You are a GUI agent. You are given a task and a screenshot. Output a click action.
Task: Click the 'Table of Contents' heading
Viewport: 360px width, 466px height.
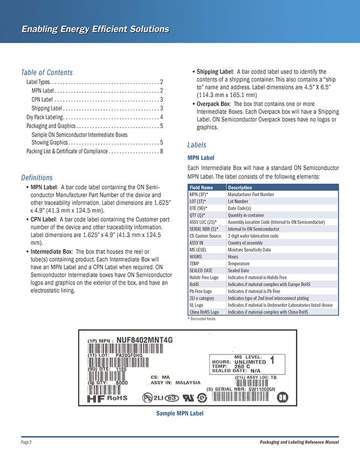[47, 72]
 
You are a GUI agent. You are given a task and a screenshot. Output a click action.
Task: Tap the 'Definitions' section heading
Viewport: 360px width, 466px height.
[37, 178]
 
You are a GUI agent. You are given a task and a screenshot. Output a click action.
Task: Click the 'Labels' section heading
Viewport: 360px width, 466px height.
[197, 145]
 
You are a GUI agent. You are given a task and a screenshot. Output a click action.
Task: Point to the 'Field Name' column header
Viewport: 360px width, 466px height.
[201, 188]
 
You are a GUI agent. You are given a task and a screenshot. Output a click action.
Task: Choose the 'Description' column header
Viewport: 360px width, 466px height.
[240, 188]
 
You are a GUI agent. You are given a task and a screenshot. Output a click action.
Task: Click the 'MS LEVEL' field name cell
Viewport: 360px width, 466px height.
[201, 250]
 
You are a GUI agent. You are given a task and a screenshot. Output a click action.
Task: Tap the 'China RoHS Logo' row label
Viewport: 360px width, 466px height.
[204, 312]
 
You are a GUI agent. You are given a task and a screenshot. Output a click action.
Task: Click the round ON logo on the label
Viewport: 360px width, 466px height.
[282, 397]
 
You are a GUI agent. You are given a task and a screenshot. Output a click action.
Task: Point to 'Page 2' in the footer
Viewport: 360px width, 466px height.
[27, 442]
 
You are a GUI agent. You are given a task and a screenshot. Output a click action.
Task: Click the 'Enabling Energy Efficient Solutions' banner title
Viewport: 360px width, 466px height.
[95, 29]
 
